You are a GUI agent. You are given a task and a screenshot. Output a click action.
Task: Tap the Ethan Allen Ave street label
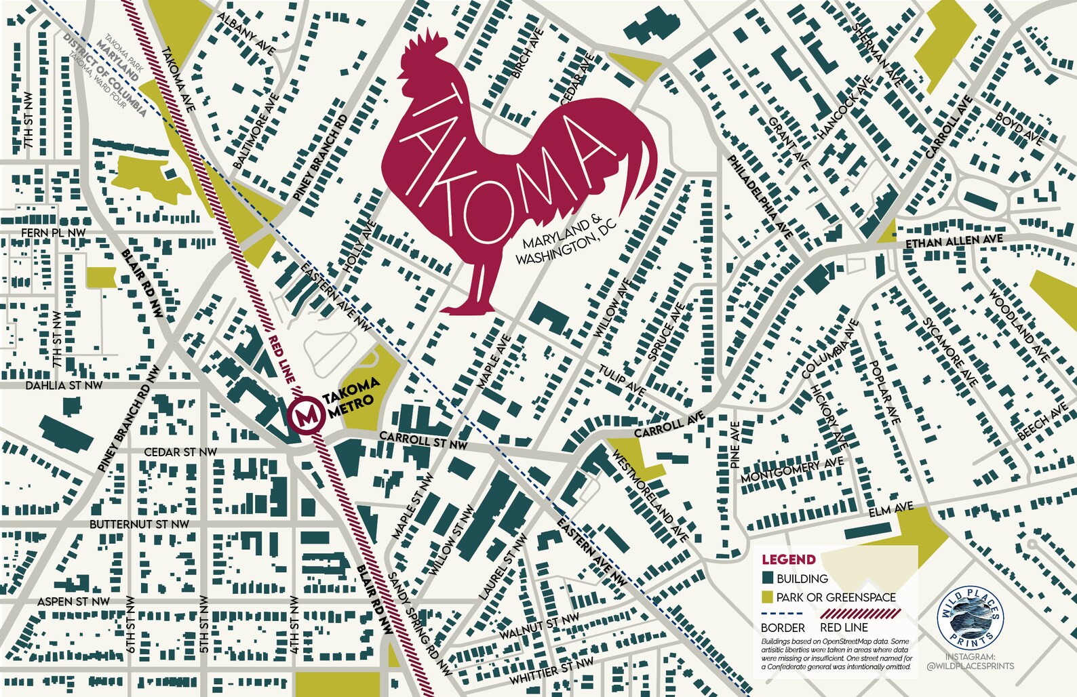pyautogui.click(x=954, y=241)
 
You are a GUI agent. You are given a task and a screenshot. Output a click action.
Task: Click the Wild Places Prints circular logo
pyautogui.click(x=970, y=618)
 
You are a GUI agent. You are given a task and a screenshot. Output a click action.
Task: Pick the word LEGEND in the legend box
pyautogui.click(x=788, y=560)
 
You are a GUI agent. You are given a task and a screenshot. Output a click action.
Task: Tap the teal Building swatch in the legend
pyautogui.click(x=768, y=578)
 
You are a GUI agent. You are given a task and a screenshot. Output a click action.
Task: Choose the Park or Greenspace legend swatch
pyautogui.click(x=768, y=597)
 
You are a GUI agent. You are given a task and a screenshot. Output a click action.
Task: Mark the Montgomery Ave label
pyautogui.click(x=791, y=470)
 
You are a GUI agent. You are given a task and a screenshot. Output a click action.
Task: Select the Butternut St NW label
pyautogui.click(x=140, y=524)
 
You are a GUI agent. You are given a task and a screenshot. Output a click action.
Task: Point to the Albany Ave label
pyautogui.click(x=246, y=33)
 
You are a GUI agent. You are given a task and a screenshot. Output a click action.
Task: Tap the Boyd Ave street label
pyautogui.click(x=1019, y=127)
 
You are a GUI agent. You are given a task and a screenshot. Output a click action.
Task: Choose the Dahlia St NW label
pyautogui.click(x=64, y=385)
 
